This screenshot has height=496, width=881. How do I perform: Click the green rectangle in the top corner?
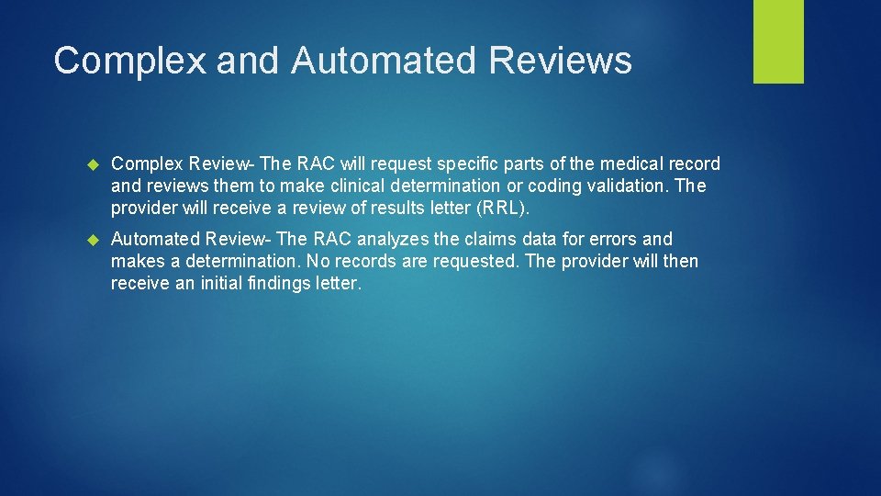778,41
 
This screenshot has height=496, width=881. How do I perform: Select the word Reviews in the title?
561,61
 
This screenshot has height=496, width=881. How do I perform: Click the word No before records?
318,262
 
